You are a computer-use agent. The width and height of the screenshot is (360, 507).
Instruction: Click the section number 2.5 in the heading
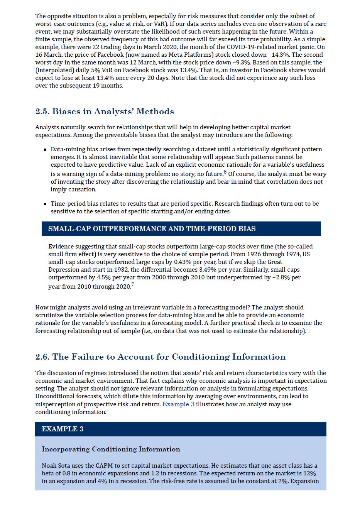click(x=42, y=112)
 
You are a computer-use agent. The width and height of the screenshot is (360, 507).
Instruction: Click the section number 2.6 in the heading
click(x=42, y=357)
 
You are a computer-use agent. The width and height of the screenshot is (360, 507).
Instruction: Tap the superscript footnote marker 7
click(x=133, y=285)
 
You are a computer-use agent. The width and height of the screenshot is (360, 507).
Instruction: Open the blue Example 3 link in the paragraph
click(x=178, y=404)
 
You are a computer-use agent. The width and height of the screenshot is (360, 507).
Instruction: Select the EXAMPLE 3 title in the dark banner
click(x=63, y=429)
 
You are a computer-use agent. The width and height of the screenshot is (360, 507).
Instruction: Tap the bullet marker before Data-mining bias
click(x=45, y=150)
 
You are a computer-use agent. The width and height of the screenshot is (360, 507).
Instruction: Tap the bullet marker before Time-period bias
click(x=45, y=204)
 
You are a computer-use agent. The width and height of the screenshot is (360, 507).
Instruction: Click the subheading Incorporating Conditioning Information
click(x=111, y=449)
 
